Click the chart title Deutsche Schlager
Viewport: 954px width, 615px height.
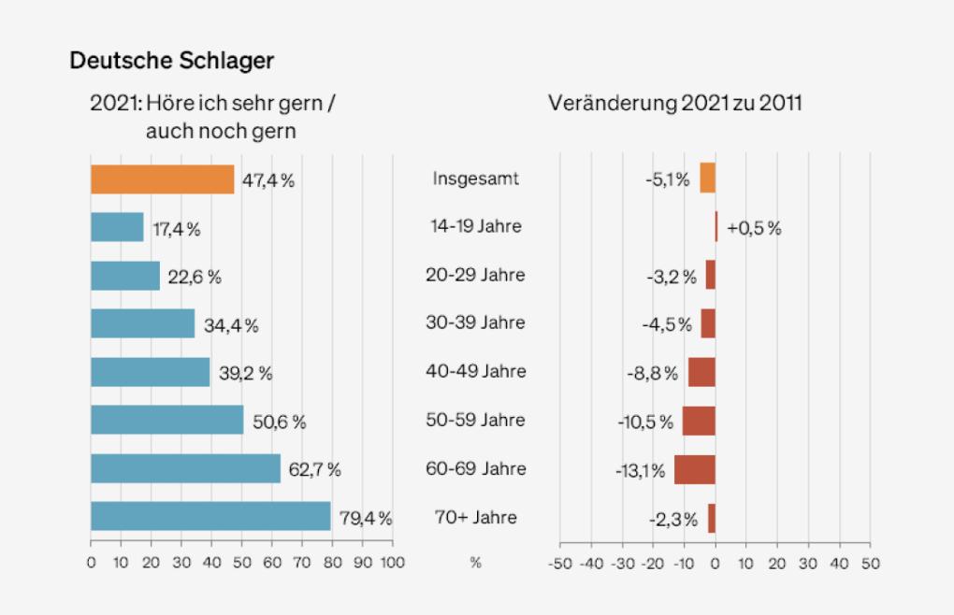point(171,61)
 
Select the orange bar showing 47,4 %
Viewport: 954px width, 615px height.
point(162,179)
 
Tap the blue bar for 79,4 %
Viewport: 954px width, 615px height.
point(210,517)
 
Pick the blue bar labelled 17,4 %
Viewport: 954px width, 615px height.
point(117,228)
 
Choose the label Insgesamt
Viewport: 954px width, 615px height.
point(476,178)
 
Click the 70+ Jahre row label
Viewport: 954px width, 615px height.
point(476,517)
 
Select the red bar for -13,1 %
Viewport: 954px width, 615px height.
point(694,469)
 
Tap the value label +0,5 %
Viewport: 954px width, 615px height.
point(753,228)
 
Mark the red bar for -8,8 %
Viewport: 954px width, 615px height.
point(701,372)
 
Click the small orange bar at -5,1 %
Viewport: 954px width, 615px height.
point(707,178)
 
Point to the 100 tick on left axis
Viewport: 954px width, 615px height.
point(393,564)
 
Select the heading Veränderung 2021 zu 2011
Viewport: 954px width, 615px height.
point(674,103)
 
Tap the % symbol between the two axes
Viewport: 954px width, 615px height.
point(475,564)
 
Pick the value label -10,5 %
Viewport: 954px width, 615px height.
point(645,422)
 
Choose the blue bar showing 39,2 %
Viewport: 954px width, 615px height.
point(150,372)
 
